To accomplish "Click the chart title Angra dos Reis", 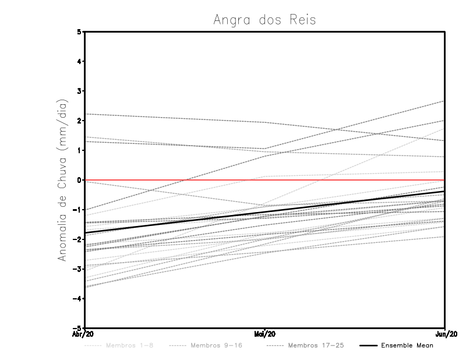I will [264, 20].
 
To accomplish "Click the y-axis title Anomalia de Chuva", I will [63, 180].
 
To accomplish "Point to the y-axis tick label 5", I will [79, 31].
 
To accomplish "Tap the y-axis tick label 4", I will [79, 61].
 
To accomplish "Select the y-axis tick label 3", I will [79, 91].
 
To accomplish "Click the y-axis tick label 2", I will [79, 121].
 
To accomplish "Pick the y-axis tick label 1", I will [79, 150].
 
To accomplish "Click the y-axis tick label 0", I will [79, 180].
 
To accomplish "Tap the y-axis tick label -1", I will [77, 210].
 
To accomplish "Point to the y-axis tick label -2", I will [77, 239].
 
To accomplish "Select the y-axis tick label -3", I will [77, 269].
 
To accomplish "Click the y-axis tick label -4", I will [77, 299].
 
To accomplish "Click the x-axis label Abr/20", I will [84, 334].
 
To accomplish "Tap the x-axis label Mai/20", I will [265, 334].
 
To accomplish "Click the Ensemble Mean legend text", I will [407, 346].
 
